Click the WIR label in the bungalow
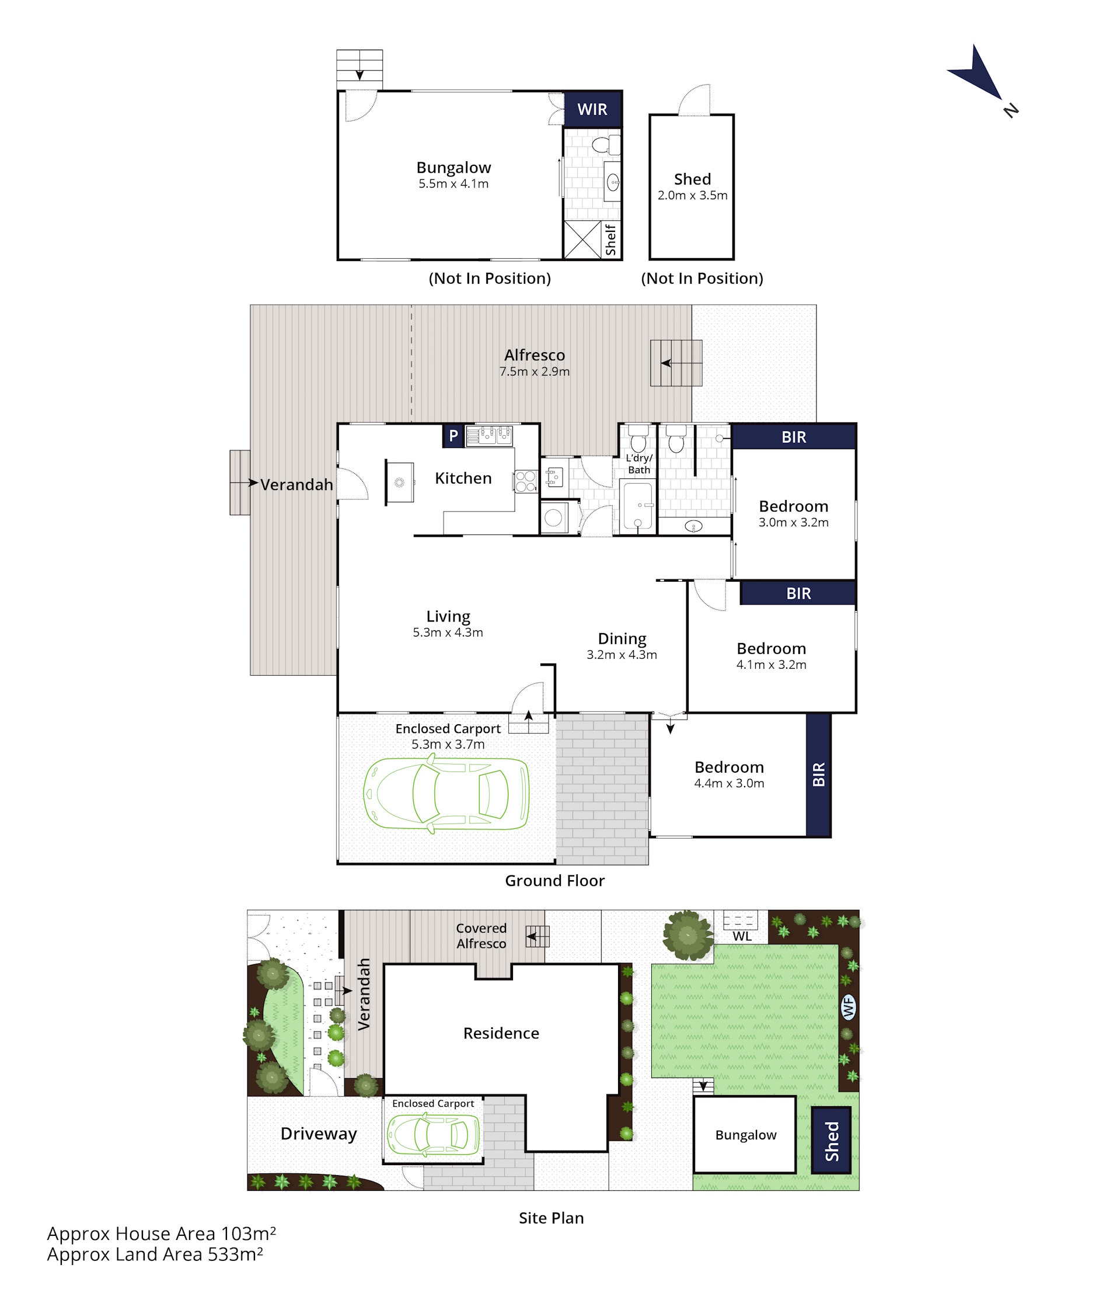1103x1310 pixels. (x=592, y=109)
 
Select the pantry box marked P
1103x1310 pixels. (x=453, y=436)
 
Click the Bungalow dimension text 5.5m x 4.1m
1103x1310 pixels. (x=453, y=183)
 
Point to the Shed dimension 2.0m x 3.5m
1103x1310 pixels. (x=692, y=195)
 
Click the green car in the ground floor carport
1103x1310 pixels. (x=446, y=794)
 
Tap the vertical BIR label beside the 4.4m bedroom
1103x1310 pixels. (x=818, y=774)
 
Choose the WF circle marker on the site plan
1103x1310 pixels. (x=848, y=1007)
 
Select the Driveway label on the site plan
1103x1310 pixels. (x=319, y=1134)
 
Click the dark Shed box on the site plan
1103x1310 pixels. (x=831, y=1140)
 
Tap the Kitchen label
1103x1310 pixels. (x=463, y=478)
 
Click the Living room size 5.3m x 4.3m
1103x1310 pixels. (x=448, y=633)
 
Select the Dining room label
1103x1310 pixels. (x=622, y=639)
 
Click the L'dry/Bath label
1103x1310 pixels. (x=639, y=464)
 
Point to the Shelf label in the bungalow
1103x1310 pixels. (x=610, y=240)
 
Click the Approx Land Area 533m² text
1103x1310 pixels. (x=155, y=1255)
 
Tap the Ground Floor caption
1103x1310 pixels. (x=554, y=881)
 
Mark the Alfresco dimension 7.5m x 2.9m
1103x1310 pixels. (x=535, y=371)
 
